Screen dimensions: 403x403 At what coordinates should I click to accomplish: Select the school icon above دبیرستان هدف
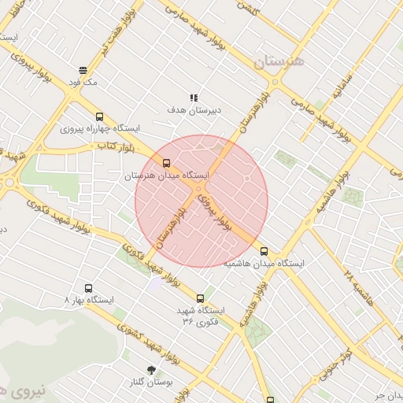pyautogui.click(x=194, y=98)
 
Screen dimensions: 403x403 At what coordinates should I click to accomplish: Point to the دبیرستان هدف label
pyautogui.click(x=194, y=110)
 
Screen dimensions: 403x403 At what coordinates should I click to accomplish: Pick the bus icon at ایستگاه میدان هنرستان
pyautogui.click(x=165, y=163)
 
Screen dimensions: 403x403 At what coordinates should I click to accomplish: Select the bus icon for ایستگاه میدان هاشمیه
pyautogui.click(x=264, y=252)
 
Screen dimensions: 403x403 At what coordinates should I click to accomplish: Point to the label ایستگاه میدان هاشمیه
pyautogui.click(x=264, y=264)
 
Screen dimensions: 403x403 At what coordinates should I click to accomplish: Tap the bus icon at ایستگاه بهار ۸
pyautogui.click(x=87, y=288)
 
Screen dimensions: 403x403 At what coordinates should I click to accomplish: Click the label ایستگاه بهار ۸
pyautogui.click(x=88, y=301)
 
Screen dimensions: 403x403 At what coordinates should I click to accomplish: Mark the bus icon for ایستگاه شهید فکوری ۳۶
pyautogui.click(x=200, y=298)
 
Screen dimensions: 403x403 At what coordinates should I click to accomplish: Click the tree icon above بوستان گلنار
pyautogui.click(x=150, y=370)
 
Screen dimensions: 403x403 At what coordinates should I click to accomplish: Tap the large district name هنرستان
pyautogui.click(x=279, y=61)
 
